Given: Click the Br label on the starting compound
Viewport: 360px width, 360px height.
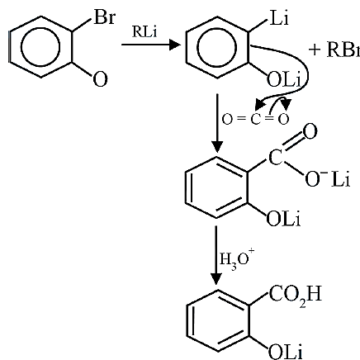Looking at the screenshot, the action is [104, 17].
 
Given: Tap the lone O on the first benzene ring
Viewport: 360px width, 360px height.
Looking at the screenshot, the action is [100, 79].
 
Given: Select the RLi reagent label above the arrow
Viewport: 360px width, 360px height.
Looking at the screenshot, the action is [144, 31].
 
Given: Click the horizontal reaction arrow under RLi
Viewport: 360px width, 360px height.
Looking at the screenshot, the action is [151, 45].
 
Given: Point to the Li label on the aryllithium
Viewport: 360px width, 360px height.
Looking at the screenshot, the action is [279, 18].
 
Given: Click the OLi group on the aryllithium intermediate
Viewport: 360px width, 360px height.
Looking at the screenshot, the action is [283, 80].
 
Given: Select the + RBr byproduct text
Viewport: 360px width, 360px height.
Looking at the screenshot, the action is [334, 50].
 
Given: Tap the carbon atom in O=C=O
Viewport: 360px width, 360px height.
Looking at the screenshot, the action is [255, 120].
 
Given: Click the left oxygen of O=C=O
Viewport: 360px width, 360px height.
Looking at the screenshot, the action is [227, 120].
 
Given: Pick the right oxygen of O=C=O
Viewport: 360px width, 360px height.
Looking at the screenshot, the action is [283, 120].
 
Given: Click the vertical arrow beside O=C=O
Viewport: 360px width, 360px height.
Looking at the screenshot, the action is [217, 123].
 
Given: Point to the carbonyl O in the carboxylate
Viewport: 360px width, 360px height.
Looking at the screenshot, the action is [310, 132].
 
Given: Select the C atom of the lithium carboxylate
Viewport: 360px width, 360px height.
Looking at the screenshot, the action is [276, 158].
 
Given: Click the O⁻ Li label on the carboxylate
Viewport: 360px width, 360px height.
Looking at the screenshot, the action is [327, 179].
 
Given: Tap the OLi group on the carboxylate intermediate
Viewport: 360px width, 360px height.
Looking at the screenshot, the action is [283, 220].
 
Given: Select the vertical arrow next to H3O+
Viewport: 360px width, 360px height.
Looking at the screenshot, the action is [216, 255].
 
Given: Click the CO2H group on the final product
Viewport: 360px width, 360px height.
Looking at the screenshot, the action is [296, 296].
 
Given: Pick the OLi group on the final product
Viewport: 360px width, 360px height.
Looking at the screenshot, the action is [285, 352].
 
